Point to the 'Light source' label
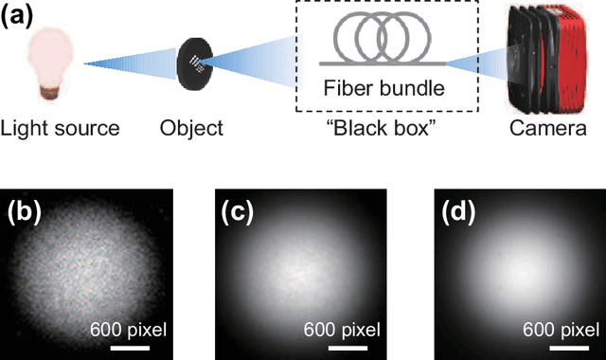(x=61, y=128)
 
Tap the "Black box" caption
(x=386, y=129)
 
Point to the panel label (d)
(x=459, y=213)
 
